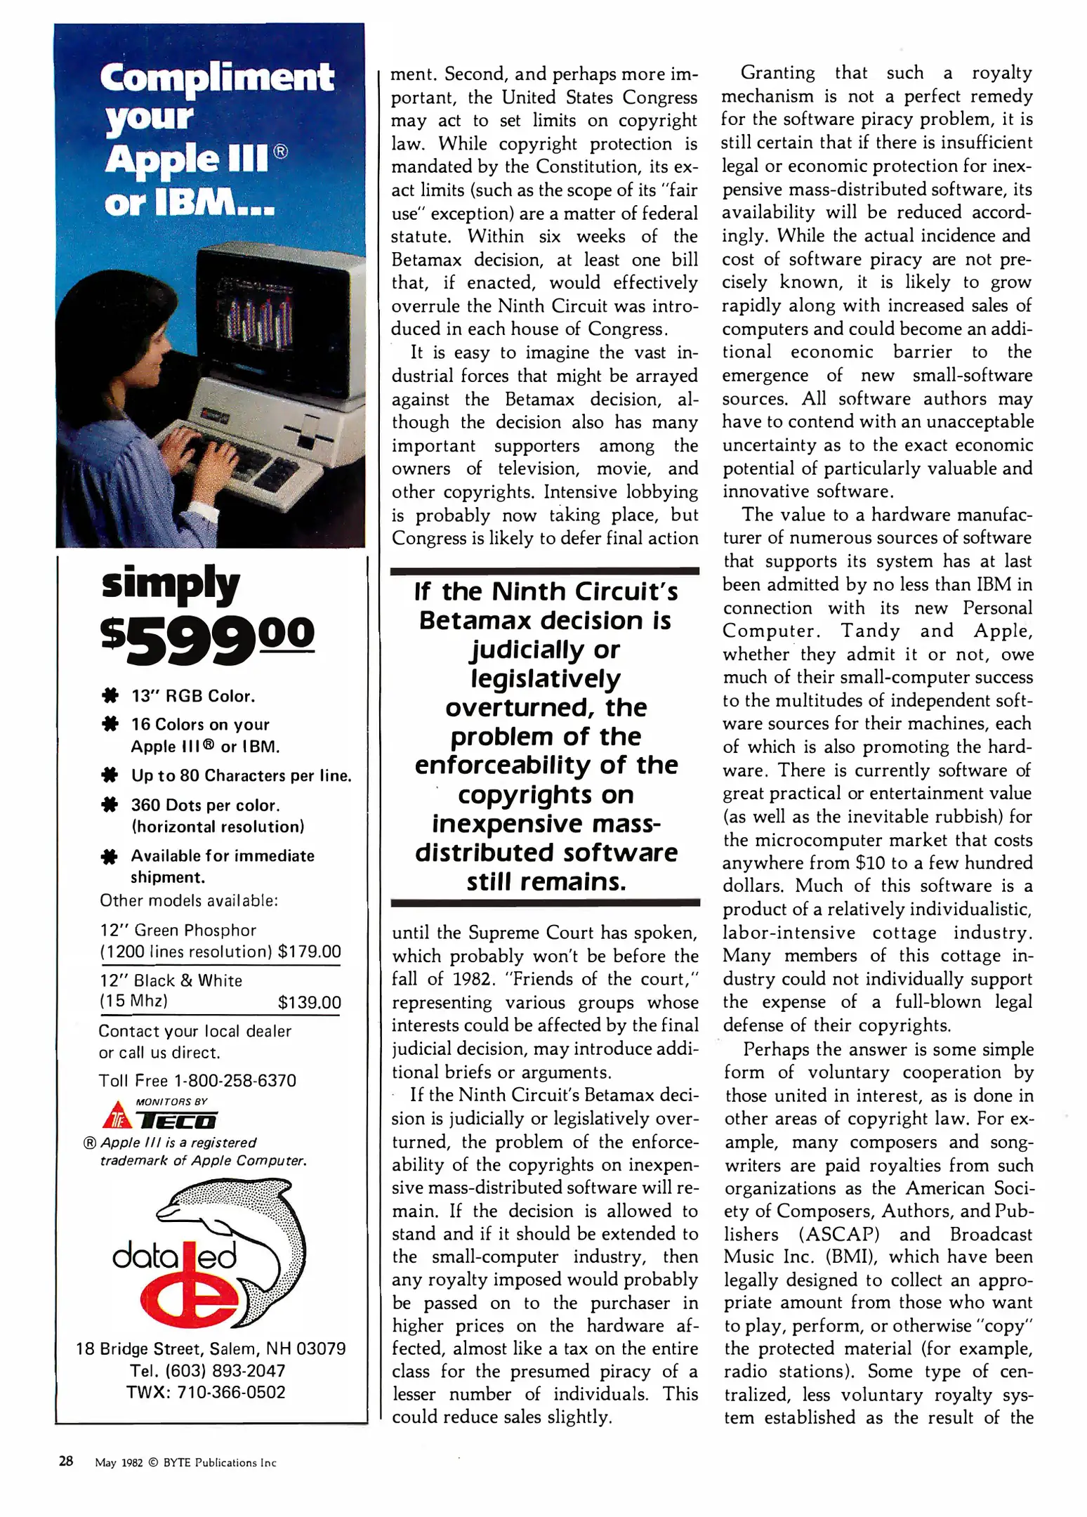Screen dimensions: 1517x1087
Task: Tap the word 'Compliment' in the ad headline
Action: tap(216, 77)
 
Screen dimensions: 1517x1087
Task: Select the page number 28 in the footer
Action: tap(66, 1462)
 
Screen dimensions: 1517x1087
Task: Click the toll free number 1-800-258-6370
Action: tap(235, 1080)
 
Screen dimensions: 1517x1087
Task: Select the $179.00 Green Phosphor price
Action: tap(309, 952)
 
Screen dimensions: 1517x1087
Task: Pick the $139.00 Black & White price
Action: tap(309, 1002)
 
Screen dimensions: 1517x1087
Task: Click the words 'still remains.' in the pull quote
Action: tap(546, 881)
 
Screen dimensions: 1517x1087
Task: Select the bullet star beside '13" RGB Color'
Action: tap(110, 697)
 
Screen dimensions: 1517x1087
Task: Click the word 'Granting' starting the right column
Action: tap(777, 73)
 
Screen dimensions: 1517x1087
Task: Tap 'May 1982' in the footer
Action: tap(119, 1463)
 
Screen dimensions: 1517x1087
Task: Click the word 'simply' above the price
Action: tap(171, 584)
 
